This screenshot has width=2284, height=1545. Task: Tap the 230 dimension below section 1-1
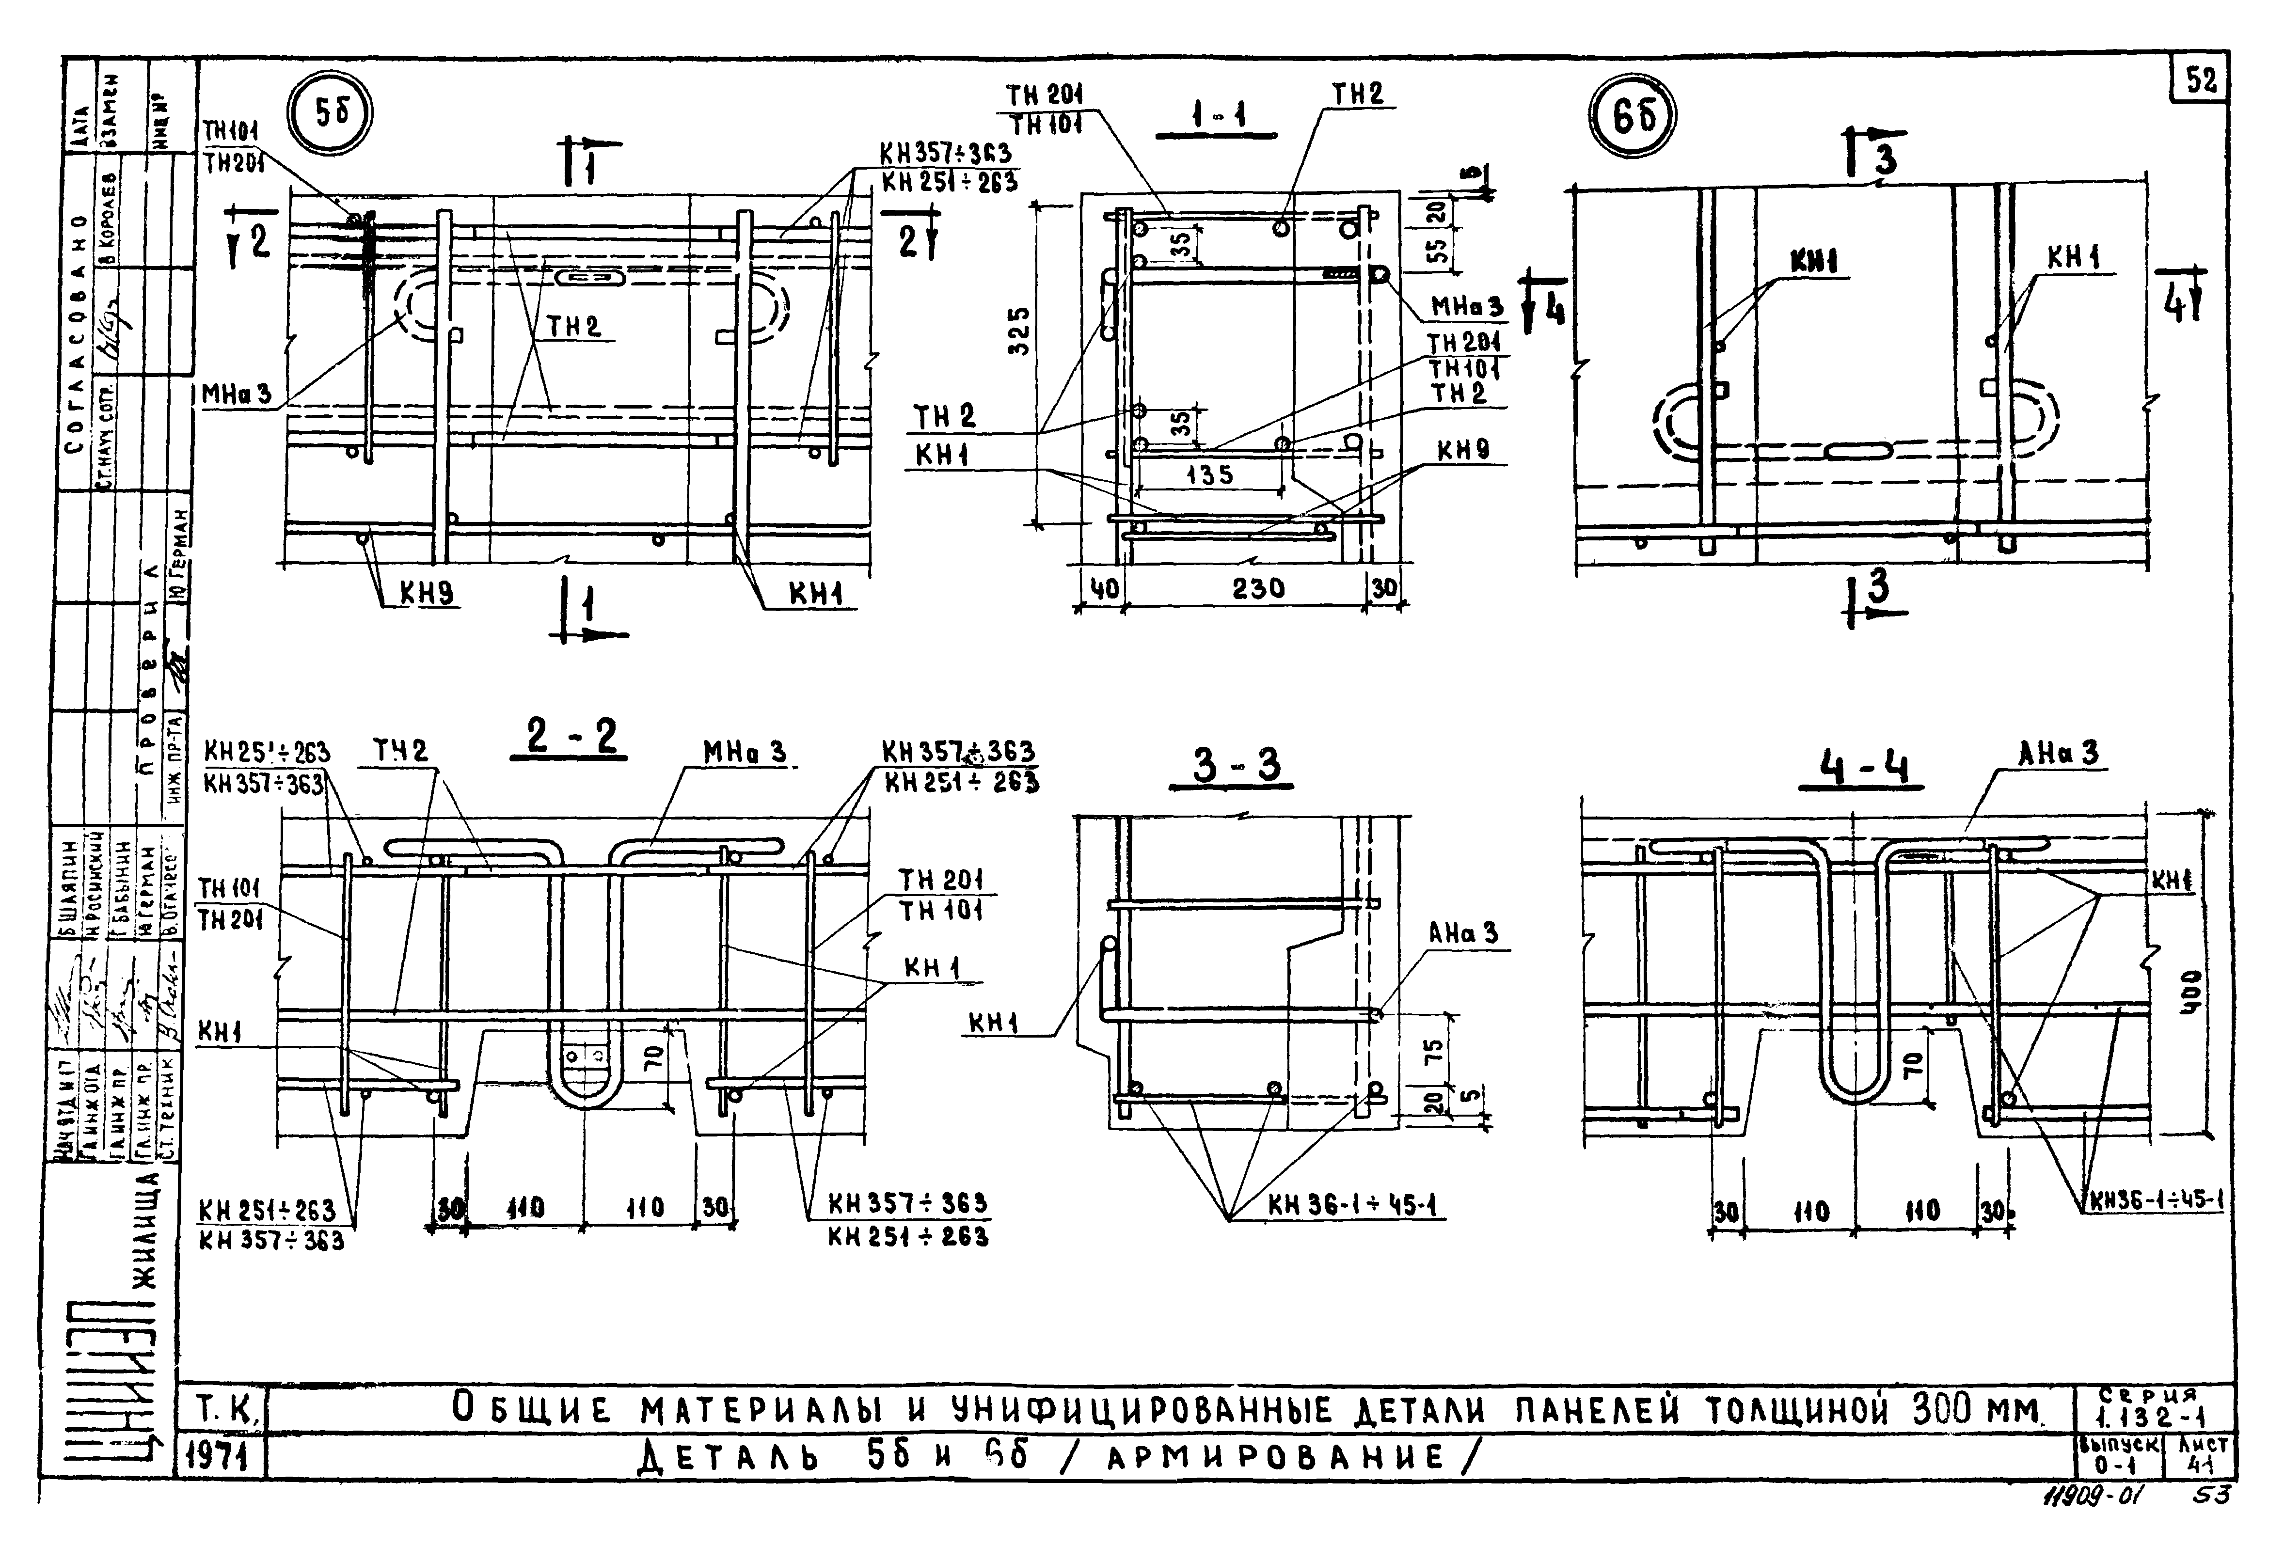pos(1258,589)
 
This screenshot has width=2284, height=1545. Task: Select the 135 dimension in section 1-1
pos(1209,475)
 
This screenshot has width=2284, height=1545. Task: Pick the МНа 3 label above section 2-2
pos(744,753)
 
